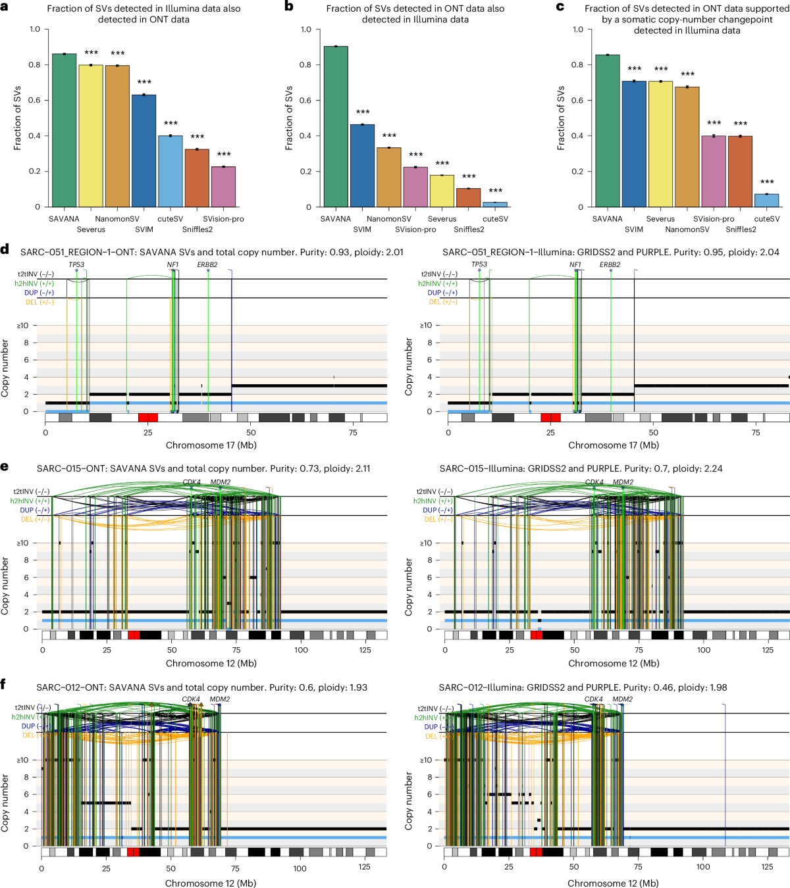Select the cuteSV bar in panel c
click(766, 200)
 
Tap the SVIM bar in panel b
click(362, 166)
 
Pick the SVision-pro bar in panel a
click(223, 187)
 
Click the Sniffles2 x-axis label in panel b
click(469, 230)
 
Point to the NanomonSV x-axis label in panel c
click(687, 230)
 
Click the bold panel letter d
click(5, 250)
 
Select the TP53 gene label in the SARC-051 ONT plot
click(76, 264)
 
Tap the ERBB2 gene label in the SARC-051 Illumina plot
click(610, 264)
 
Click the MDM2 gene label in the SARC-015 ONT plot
click(221, 482)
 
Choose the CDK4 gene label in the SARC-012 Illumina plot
click(593, 699)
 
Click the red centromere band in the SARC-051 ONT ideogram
click(147, 418)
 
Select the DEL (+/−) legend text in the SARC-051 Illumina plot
click(435, 302)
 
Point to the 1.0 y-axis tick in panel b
click(305, 30)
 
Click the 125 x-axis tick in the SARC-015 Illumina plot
click(768, 650)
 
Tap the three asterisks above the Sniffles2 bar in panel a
click(197, 137)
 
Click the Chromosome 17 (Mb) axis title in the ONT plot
click(211, 445)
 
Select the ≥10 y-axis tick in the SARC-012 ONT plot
click(22, 760)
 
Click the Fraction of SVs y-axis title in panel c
click(561, 118)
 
